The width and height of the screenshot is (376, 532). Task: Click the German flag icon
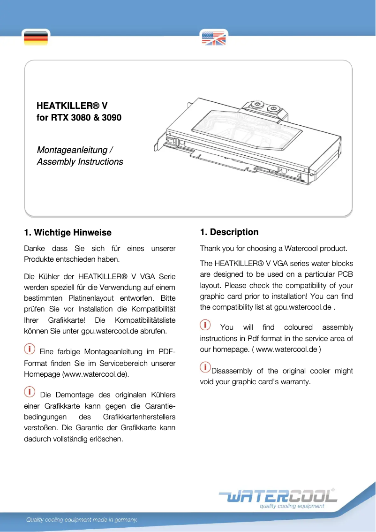(36, 38)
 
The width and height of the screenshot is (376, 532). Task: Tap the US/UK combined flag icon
(214, 38)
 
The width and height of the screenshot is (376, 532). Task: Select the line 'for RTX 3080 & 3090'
(79, 118)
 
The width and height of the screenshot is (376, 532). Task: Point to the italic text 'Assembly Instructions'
(80, 162)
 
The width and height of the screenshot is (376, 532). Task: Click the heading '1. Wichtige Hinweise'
(68, 233)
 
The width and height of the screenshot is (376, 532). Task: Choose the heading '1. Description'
(229, 232)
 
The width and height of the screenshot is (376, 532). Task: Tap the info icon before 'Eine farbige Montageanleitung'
(29, 349)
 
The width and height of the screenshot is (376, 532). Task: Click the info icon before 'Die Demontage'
(29, 391)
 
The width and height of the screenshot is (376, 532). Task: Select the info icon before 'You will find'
(205, 325)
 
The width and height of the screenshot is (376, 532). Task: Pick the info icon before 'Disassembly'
(205, 366)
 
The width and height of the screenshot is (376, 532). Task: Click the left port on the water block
(256, 106)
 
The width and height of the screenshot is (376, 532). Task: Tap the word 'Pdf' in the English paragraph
(258, 338)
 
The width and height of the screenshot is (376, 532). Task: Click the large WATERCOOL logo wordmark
(278, 496)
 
